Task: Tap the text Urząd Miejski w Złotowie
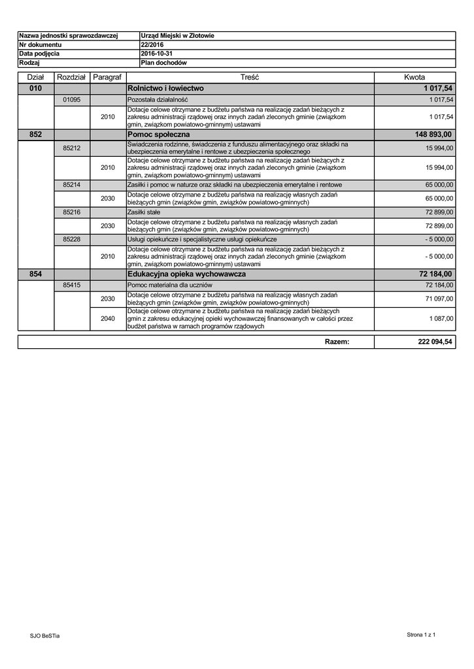point(177,35)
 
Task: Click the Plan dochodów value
point(164,63)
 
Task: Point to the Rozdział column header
point(72,77)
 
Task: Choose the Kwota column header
point(415,77)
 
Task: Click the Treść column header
point(250,77)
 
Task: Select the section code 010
point(36,88)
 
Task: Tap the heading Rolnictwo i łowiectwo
point(166,88)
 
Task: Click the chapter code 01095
point(72,99)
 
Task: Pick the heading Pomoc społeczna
point(159,135)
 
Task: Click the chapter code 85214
point(72,185)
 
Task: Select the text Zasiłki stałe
point(143,213)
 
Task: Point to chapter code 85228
point(72,240)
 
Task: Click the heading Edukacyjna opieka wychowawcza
point(187,274)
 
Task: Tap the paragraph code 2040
point(108,319)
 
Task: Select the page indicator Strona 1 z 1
point(421,634)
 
